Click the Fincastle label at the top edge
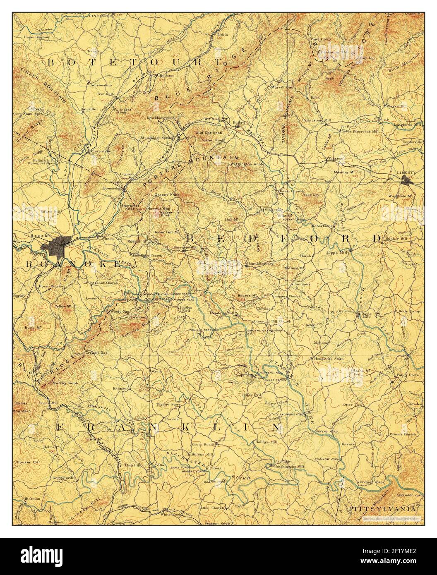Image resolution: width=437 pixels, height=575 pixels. pyautogui.click(x=95, y=16)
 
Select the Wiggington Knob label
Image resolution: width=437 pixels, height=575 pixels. pyautogui.click(x=247, y=165)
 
